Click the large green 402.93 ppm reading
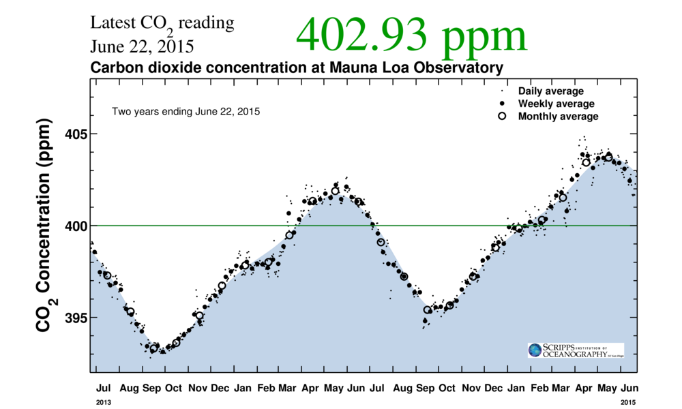click(411, 35)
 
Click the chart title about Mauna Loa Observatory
click(297, 68)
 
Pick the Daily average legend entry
click(550, 91)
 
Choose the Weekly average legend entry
click(556, 104)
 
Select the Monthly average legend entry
click(558, 117)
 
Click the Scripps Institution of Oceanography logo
click(576, 350)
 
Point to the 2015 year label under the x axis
click(627, 403)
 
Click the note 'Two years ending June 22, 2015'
click(186, 111)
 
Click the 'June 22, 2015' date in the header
click(142, 48)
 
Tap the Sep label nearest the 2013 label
click(151, 388)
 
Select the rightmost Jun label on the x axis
click(627, 388)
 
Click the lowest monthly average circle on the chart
click(154, 348)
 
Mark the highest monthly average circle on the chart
click(608, 157)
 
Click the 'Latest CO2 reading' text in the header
click(162, 23)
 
